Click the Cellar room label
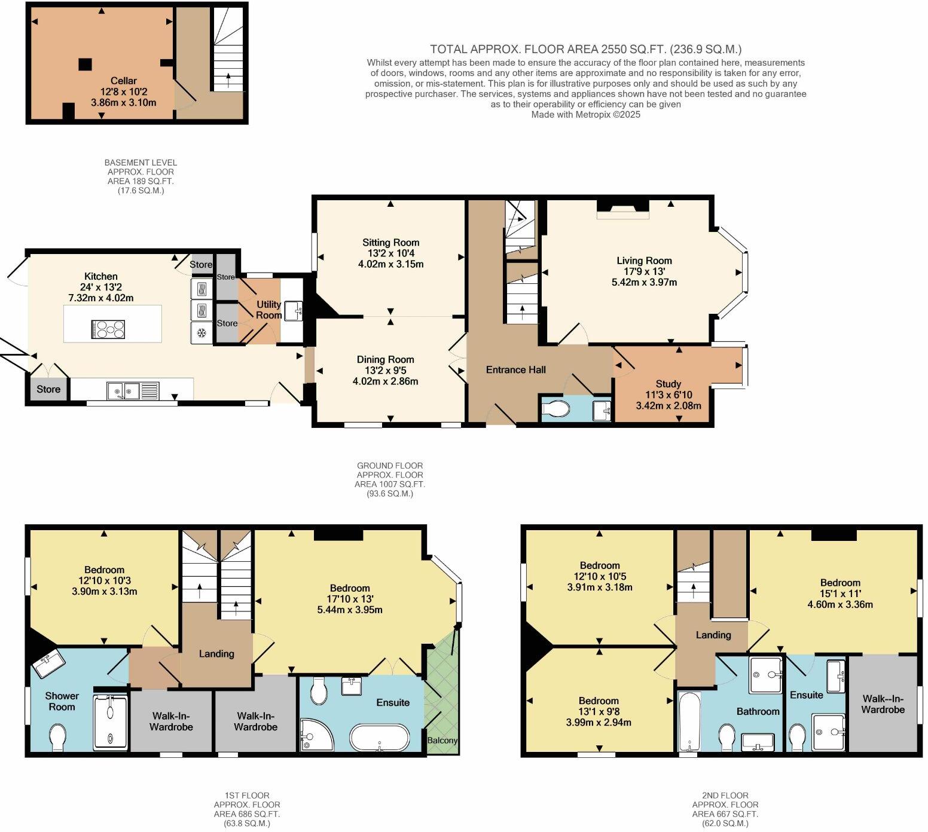tap(123, 81)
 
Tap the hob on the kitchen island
tap(108, 330)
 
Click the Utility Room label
tap(268, 310)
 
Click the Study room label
tap(668, 384)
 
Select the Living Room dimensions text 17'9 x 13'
tap(644, 271)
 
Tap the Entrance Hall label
tap(515, 370)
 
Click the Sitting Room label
tap(390, 243)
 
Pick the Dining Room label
tap(385, 359)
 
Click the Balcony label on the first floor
tap(442, 740)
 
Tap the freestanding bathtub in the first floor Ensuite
tap(380, 738)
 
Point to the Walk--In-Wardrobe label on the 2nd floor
tap(883, 703)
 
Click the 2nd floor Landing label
tap(713, 635)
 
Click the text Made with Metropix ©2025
tap(585, 114)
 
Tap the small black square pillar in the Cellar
tap(85, 64)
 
